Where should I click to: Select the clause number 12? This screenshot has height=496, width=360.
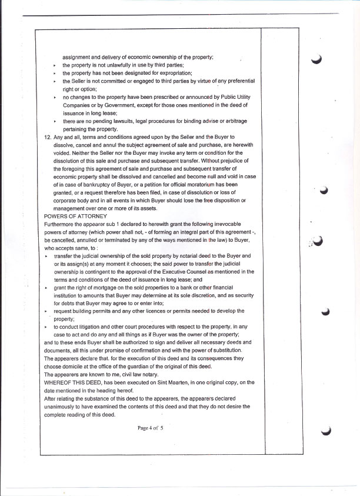click(x=48, y=137)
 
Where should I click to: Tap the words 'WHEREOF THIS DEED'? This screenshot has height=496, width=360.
click(x=72, y=382)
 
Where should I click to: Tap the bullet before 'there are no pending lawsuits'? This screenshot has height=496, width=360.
click(x=54, y=121)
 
